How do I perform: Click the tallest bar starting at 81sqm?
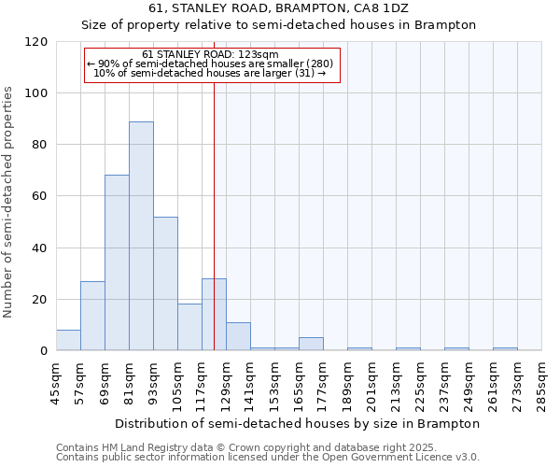141,235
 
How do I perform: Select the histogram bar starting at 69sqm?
117,262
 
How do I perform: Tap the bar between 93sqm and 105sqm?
165,283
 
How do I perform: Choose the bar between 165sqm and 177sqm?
311,344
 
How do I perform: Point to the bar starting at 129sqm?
238,336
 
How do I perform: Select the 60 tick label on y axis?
40,196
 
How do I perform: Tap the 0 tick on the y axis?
44,351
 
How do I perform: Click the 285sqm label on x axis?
541,384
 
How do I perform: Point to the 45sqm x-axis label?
56,384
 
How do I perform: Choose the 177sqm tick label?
323,384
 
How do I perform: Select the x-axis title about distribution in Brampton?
298,423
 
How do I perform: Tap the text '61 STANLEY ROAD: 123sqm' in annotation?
210,55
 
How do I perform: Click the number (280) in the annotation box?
315,64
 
